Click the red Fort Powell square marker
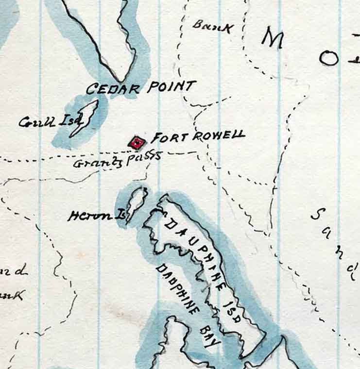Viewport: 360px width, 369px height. [137, 142]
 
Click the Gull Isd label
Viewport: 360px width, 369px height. [43, 121]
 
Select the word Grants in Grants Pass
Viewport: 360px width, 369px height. [98, 162]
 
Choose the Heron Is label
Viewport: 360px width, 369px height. [95, 216]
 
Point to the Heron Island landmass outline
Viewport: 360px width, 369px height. [136, 204]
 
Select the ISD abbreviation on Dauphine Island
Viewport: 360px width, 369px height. [233, 312]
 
